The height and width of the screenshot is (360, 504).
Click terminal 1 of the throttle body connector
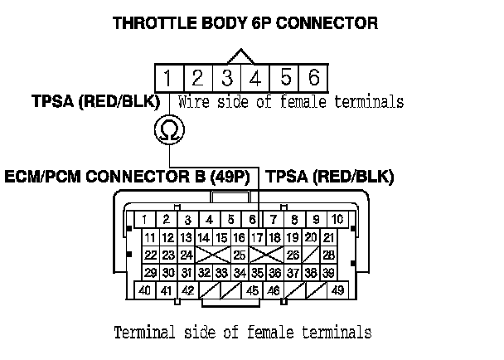click(x=168, y=79)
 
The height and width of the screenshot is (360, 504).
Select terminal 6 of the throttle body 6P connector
click(x=313, y=79)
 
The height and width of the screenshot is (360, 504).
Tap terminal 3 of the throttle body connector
click(x=226, y=79)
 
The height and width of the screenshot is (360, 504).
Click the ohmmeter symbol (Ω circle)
click(x=169, y=129)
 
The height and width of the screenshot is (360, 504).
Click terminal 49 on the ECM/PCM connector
click(x=337, y=291)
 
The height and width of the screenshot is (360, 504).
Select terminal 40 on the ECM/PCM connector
click(x=145, y=291)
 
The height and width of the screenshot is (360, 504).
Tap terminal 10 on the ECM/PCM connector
click(x=337, y=219)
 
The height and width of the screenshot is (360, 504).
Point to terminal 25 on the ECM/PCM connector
click(x=239, y=255)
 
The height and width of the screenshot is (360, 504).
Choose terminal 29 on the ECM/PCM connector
click(x=150, y=272)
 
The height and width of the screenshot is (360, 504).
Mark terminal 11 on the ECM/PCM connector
click(x=150, y=238)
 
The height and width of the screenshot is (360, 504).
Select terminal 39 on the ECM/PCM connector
click(x=328, y=272)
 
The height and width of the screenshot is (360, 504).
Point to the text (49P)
click(x=234, y=177)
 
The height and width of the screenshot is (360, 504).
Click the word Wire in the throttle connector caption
click(x=196, y=103)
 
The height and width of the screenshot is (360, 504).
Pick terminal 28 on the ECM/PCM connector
click(x=328, y=255)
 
